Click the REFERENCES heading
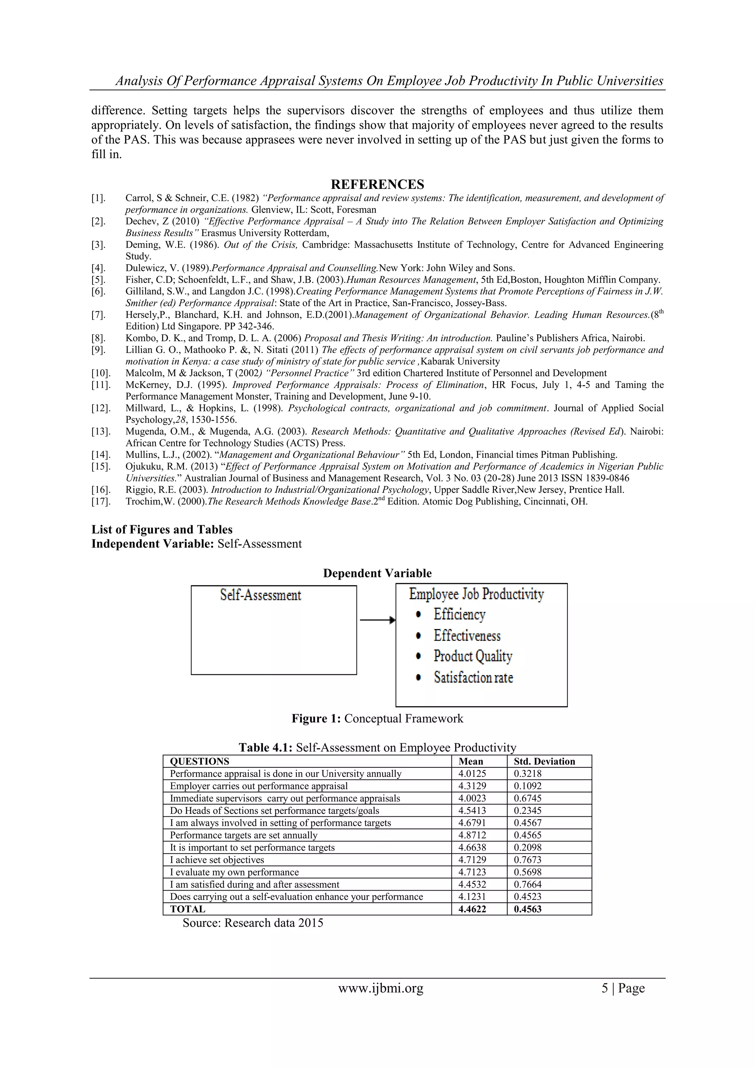point(377,185)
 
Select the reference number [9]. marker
point(98,350)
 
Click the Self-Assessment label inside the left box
point(260,595)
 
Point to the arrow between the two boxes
point(377,620)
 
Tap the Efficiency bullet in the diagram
point(459,615)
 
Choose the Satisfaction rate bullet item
point(473,677)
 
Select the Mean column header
point(470,761)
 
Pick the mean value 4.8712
point(472,835)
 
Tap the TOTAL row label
point(187,909)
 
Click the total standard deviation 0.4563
point(527,909)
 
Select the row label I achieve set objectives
point(217,860)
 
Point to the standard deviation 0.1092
point(527,786)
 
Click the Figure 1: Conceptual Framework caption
point(377,719)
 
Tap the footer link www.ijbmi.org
point(380,988)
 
